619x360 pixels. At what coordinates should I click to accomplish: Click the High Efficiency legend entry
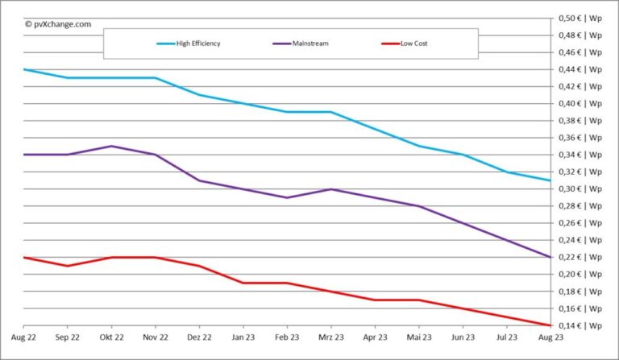point(194,43)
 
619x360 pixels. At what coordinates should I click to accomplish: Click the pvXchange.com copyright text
point(58,24)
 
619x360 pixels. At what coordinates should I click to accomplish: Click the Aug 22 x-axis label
point(23,337)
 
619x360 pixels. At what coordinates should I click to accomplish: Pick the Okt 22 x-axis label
point(111,337)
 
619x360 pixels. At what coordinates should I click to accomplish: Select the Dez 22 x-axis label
point(199,337)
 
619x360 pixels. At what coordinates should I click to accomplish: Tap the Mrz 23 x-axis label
point(331,337)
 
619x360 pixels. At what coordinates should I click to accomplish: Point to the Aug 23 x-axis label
point(550,337)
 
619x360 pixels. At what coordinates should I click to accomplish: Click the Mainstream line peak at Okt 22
point(111,146)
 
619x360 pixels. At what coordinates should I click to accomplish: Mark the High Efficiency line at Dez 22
point(199,95)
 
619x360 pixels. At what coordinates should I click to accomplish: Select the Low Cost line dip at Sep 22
point(67,266)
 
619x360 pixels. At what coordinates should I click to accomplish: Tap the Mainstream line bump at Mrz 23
point(331,189)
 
